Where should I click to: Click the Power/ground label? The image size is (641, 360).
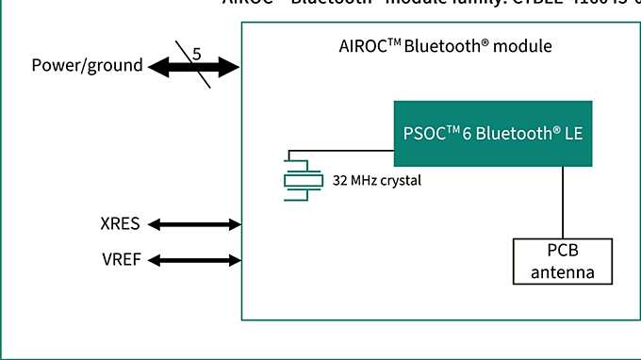[x=87, y=66]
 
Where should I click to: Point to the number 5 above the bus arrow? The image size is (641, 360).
[x=196, y=54]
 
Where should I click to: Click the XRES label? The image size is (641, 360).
[x=120, y=224]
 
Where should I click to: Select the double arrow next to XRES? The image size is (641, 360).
[x=195, y=224]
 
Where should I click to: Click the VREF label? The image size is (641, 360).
[x=121, y=259]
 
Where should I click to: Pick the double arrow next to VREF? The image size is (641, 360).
[x=195, y=259]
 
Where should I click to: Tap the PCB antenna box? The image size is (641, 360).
[x=563, y=262]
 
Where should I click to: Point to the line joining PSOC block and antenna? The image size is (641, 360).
[x=563, y=204]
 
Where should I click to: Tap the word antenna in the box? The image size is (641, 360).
[x=563, y=273]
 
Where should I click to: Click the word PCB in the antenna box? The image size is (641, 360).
[x=563, y=252]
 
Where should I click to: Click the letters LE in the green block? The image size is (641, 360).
[x=573, y=134]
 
